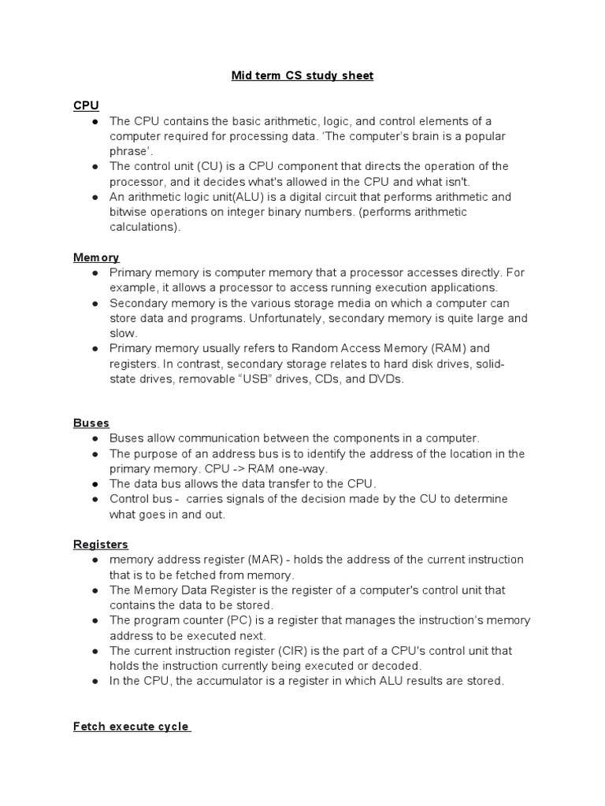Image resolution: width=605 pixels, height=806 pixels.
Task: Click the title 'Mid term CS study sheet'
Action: (x=302, y=76)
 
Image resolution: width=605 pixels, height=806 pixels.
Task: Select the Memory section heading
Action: (x=96, y=257)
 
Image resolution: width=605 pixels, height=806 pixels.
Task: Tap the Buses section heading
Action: (x=91, y=423)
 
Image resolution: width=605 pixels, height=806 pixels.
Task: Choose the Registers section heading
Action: (x=101, y=544)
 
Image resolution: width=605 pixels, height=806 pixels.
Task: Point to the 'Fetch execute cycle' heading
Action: (x=132, y=726)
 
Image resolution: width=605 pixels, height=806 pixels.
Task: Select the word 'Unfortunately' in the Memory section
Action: (x=291, y=318)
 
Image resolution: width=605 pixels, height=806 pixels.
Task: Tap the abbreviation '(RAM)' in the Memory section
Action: (x=451, y=348)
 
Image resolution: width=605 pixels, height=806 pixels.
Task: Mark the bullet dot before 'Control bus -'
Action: (x=94, y=499)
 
